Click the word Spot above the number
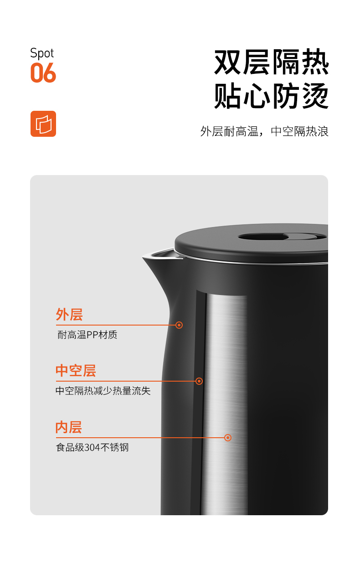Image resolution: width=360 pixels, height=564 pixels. point(42,53)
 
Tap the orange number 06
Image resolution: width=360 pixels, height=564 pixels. point(43,72)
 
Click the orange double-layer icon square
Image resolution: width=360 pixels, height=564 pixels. point(43,124)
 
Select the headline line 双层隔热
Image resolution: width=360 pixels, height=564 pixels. point(271,62)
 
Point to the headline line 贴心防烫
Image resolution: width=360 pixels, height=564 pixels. point(271,95)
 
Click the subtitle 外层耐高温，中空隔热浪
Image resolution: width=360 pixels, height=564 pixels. point(264,131)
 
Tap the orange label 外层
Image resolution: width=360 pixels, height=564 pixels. point(69,314)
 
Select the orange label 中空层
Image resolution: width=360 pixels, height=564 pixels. point(76,370)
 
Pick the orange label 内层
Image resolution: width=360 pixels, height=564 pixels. point(69,427)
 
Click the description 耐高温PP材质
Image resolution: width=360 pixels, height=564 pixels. point(87,335)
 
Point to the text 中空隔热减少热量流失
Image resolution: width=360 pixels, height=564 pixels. point(103,391)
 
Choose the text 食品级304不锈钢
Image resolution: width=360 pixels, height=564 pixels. point(93,447)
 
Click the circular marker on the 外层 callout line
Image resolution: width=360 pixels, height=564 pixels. point(179,325)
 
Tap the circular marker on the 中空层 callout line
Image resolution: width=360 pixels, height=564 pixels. point(199,381)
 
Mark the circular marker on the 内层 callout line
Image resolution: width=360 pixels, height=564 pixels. point(228,438)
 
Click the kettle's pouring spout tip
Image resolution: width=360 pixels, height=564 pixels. point(144,257)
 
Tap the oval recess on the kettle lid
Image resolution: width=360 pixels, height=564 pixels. point(282,237)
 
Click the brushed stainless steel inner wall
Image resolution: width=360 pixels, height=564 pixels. point(226,403)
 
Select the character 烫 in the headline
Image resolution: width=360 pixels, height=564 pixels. point(315,95)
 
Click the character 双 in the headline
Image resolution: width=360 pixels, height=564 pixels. point(228,62)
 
